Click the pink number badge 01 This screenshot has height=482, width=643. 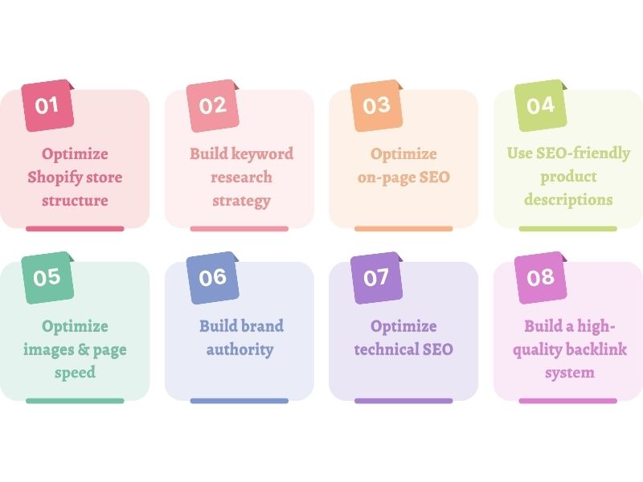click(47, 105)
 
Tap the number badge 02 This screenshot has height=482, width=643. click(213, 105)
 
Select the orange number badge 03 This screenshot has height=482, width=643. click(376, 105)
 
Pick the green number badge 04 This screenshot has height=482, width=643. click(541, 105)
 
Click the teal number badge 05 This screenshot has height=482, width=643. click(47, 277)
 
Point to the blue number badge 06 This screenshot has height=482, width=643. click(213, 277)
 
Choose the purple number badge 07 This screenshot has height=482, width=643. click(376, 277)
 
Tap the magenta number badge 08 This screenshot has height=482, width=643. click(541, 277)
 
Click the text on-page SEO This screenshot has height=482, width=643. click(403, 178)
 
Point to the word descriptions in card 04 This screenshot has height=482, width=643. click(568, 200)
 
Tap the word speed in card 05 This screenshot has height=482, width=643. click(75, 373)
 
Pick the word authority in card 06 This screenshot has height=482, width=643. click(240, 349)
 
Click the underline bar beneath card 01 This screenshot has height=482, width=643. click(75, 228)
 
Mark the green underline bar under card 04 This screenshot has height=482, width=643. click(568, 228)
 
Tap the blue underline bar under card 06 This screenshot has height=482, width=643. click(240, 400)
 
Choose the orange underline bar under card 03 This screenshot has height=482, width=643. click(403, 228)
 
